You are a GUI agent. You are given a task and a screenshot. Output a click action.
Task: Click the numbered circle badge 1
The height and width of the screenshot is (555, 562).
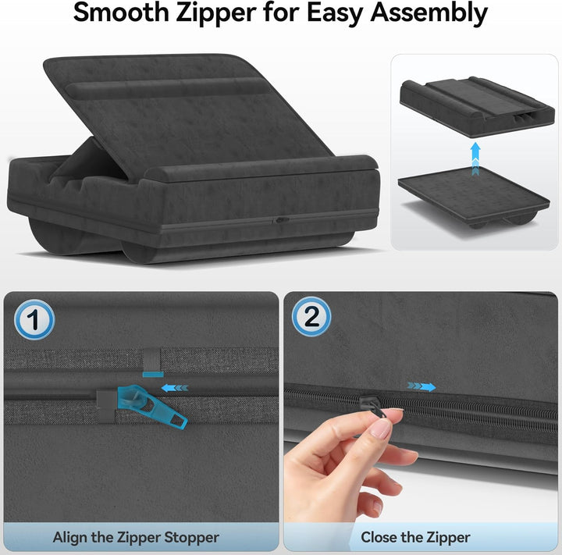click(34, 320)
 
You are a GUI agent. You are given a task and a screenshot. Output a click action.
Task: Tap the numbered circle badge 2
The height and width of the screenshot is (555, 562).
click(311, 317)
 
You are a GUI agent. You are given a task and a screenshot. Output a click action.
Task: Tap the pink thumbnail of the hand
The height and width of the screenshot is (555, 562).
click(381, 429)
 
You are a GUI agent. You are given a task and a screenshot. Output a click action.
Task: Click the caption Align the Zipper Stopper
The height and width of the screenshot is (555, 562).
click(136, 537)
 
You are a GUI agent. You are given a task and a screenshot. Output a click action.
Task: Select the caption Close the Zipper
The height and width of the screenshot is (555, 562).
click(415, 537)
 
